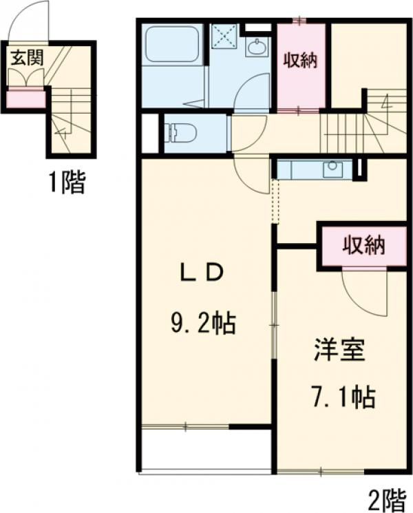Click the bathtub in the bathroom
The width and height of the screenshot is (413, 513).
(x=172, y=47)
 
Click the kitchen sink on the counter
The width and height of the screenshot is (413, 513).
(x=333, y=167)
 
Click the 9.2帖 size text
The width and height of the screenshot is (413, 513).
(x=203, y=322)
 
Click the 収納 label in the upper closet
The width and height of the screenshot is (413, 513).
(x=301, y=60)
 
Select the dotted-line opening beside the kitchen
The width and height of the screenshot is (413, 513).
(x=275, y=201)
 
